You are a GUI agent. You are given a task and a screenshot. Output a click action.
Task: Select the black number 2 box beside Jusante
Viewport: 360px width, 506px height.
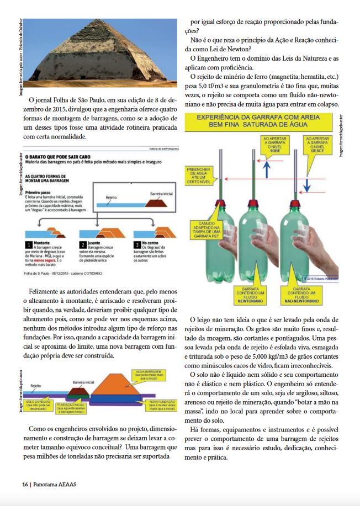[83, 244]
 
